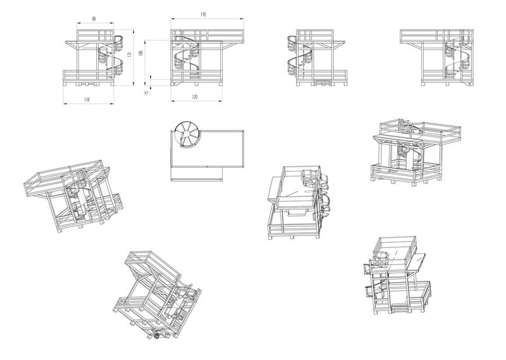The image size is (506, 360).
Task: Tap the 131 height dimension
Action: [128, 55]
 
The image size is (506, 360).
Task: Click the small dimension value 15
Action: [146, 92]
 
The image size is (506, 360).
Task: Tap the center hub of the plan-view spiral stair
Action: [188, 134]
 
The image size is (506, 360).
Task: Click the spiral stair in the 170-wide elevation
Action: [183, 60]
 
